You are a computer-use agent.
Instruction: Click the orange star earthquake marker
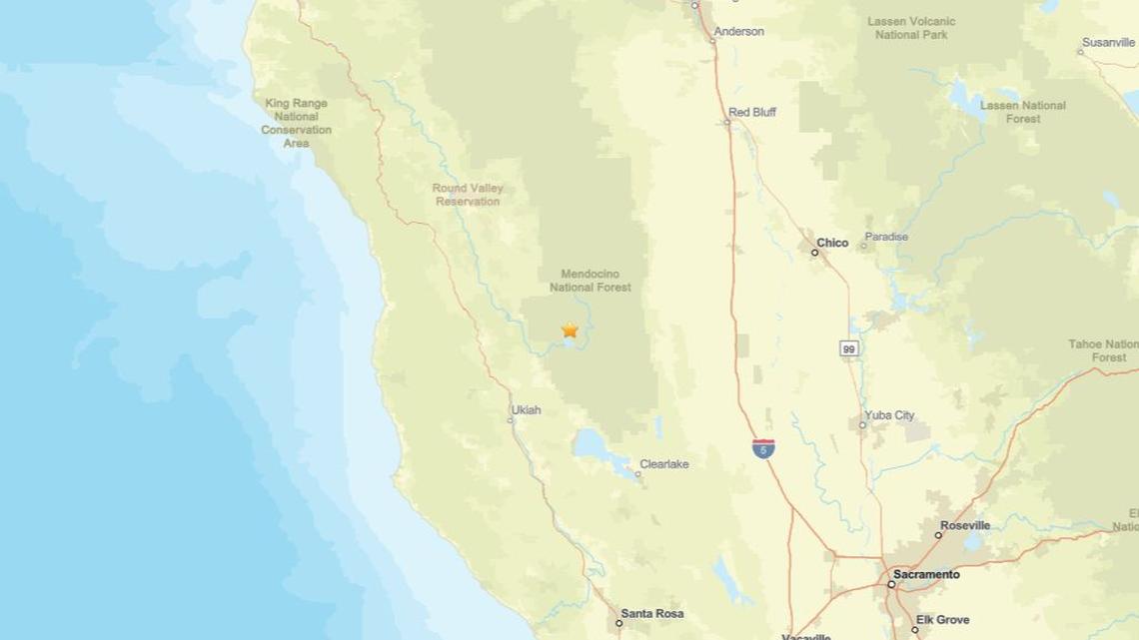tap(569, 329)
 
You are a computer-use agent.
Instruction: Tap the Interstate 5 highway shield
tap(763, 448)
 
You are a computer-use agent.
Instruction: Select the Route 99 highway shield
tap(848, 348)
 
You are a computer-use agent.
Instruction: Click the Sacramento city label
tap(926, 575)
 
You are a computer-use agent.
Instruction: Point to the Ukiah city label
tap(526, 409)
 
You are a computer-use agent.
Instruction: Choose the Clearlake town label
tap(664, 464)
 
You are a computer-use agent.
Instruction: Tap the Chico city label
tap(832, 243)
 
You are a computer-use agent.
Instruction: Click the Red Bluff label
tap(752, 113)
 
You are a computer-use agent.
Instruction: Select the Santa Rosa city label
tap(652, 613)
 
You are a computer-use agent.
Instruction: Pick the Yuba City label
tap(889, 415)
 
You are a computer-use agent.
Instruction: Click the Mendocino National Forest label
tap(590, 280)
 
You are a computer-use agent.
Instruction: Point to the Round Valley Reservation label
tap(468, 195)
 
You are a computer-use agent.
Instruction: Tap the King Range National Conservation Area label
tap(296, 123)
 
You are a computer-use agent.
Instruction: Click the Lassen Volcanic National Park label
tap(911, 28)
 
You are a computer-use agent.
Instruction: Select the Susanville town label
tap(1110, 43)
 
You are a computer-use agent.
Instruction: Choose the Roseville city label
tap(965, 525)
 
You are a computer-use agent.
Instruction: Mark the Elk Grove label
tap(943, 620)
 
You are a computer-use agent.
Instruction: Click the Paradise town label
tap(886, 237)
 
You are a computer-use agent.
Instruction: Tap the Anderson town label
tap(740, 31)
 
